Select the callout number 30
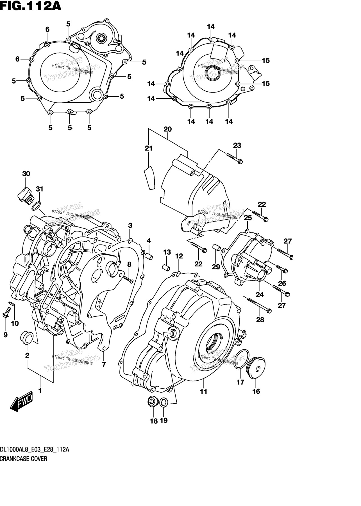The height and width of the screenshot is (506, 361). tap(26, 174)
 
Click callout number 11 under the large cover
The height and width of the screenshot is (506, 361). tap(203, 391)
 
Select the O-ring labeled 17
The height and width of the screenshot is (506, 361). tap(241, 359)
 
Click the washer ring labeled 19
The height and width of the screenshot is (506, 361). tap(164, 402)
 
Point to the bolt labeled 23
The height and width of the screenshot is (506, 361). tap(235, 158)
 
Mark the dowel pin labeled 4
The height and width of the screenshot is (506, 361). tap(149, 256)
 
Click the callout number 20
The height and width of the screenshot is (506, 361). tap(167, 129)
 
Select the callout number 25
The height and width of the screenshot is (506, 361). tap(248, 218)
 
